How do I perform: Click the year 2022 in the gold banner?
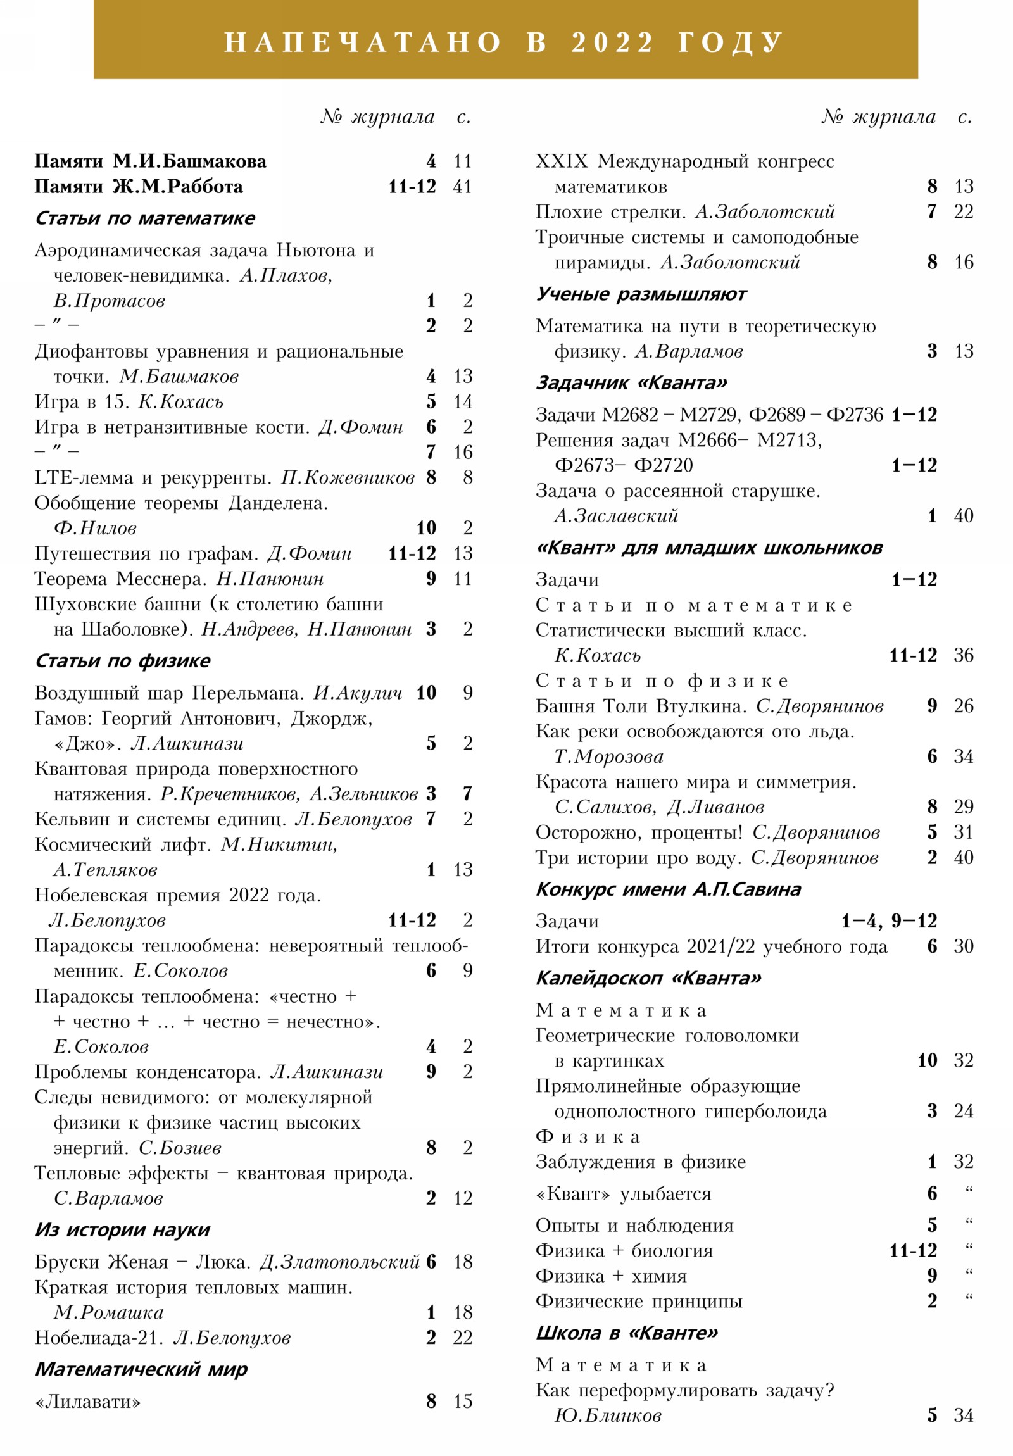(612, 42)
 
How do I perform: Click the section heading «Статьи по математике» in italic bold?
(144, 218)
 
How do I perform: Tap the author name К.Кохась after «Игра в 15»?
(181, 401)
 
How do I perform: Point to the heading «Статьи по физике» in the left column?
(122, 661)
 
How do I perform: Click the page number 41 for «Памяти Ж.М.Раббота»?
(462, 187)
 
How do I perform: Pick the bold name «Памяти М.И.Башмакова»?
(150, 161)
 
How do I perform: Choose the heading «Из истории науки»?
(122, 1229)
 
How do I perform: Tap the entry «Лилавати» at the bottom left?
(87, 1401)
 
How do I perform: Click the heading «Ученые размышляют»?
(641, 294)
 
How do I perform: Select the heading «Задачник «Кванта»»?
(631, 383)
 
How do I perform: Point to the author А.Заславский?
(616, 515)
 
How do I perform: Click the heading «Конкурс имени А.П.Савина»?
(668, 889)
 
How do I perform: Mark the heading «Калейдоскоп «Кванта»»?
(648, 978)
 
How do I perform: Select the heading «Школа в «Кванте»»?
(627, 1333)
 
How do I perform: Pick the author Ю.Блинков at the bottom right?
(608, 1415)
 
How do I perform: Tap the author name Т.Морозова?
(609, 756)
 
